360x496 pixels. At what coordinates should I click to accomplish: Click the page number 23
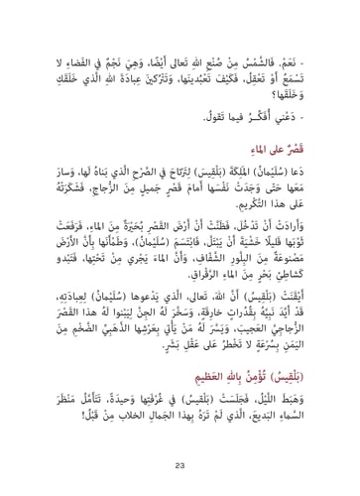[x=180, y=463]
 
